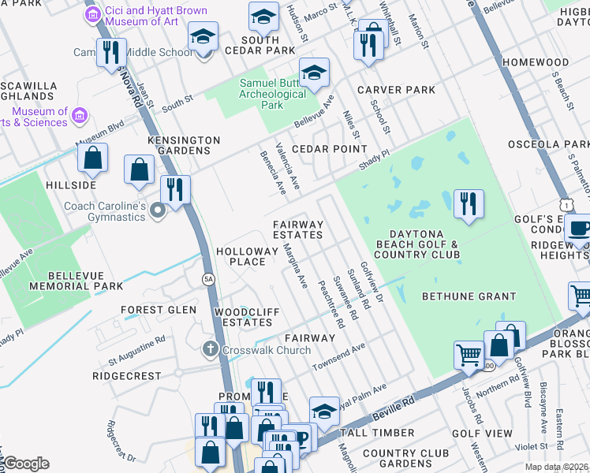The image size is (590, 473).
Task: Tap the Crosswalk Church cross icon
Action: coord(210,348)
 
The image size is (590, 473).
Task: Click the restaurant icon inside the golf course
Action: coord(469,203)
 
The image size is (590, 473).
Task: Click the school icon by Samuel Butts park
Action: coord(314,73)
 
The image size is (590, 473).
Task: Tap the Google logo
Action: coord(26,463)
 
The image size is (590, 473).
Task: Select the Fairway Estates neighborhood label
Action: coord(298,229)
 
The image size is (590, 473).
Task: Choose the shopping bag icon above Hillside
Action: coord(93,158)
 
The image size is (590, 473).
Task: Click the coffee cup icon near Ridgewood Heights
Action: coord(579,229)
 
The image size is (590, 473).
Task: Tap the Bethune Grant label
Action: coord(469,297)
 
